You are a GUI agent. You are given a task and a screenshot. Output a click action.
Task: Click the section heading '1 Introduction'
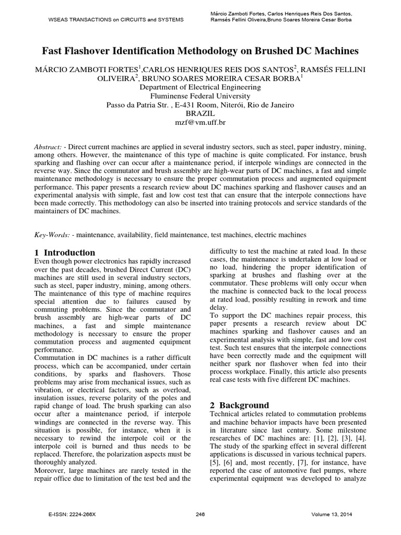pos(65,252)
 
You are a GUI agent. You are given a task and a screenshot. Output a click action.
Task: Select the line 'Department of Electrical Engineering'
pos(200,87)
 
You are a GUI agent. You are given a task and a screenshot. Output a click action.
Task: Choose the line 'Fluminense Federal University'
pos(200,96)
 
